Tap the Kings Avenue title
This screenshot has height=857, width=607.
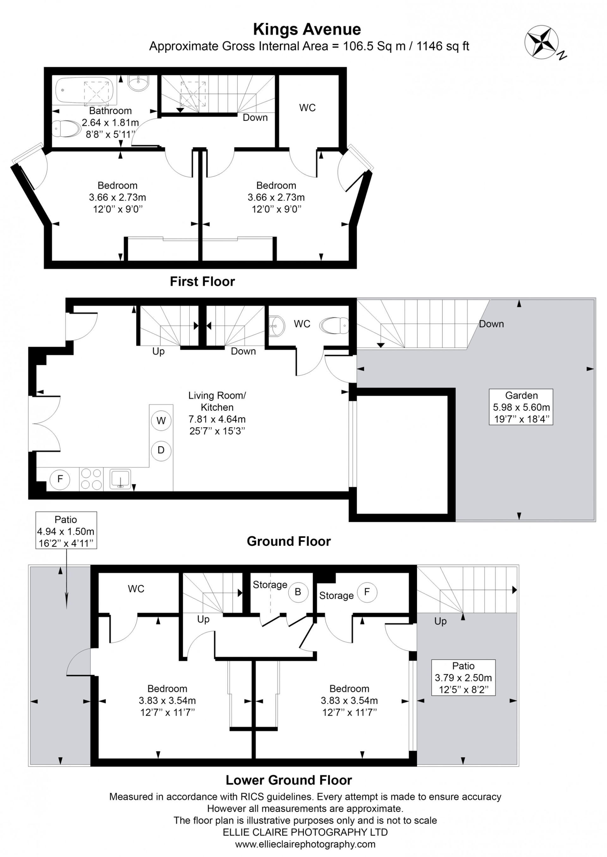coord(307,29)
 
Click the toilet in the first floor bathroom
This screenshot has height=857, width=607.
coord(66,128)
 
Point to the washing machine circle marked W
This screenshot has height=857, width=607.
coord(161,421)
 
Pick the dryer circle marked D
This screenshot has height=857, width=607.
coord(161,450)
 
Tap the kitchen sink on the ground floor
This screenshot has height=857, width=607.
coord(120,479)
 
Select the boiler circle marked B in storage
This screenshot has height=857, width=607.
coord(298,592)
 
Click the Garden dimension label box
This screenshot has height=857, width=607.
coord(521,407)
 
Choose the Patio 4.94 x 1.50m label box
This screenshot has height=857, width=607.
coord(66,531)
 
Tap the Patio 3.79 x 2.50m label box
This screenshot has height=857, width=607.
coord(463,678)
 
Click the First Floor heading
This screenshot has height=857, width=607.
coord(202,282)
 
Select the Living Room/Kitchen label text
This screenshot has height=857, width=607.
coord(217,401)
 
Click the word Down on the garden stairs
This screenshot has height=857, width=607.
coord(491,324)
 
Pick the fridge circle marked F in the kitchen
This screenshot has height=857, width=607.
coord(60,479)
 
